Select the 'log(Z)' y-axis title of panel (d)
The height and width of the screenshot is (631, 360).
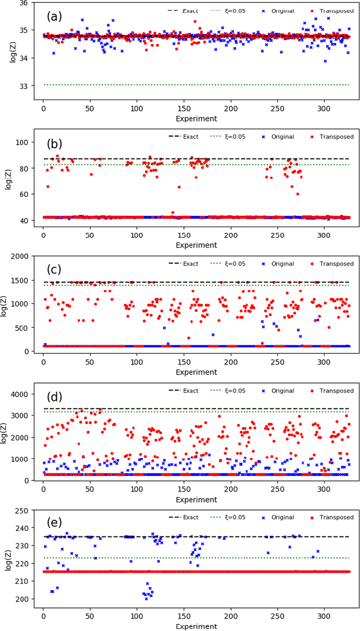(7, 431)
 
